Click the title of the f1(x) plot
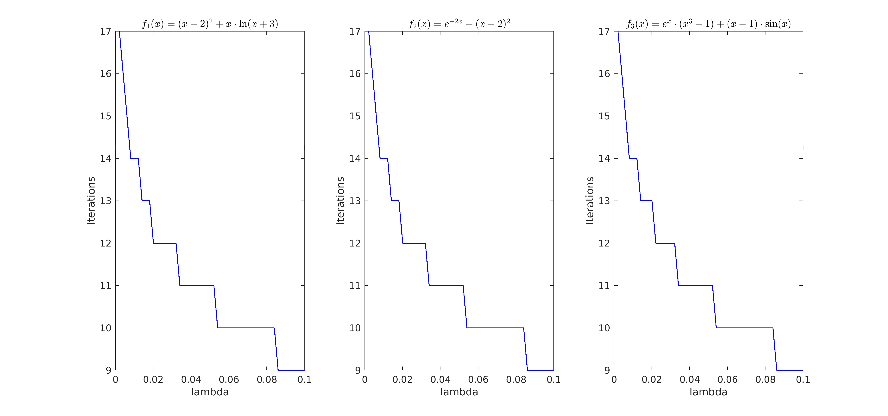210,24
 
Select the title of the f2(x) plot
459,24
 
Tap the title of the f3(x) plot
708,24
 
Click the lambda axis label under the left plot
210,392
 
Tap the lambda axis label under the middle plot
459,392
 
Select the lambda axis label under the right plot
708,392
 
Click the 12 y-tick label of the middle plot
355,243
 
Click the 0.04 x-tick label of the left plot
191,379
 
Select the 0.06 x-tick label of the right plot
727,379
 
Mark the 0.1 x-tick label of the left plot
304,379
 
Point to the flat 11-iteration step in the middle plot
446,286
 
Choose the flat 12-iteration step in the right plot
665,243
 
